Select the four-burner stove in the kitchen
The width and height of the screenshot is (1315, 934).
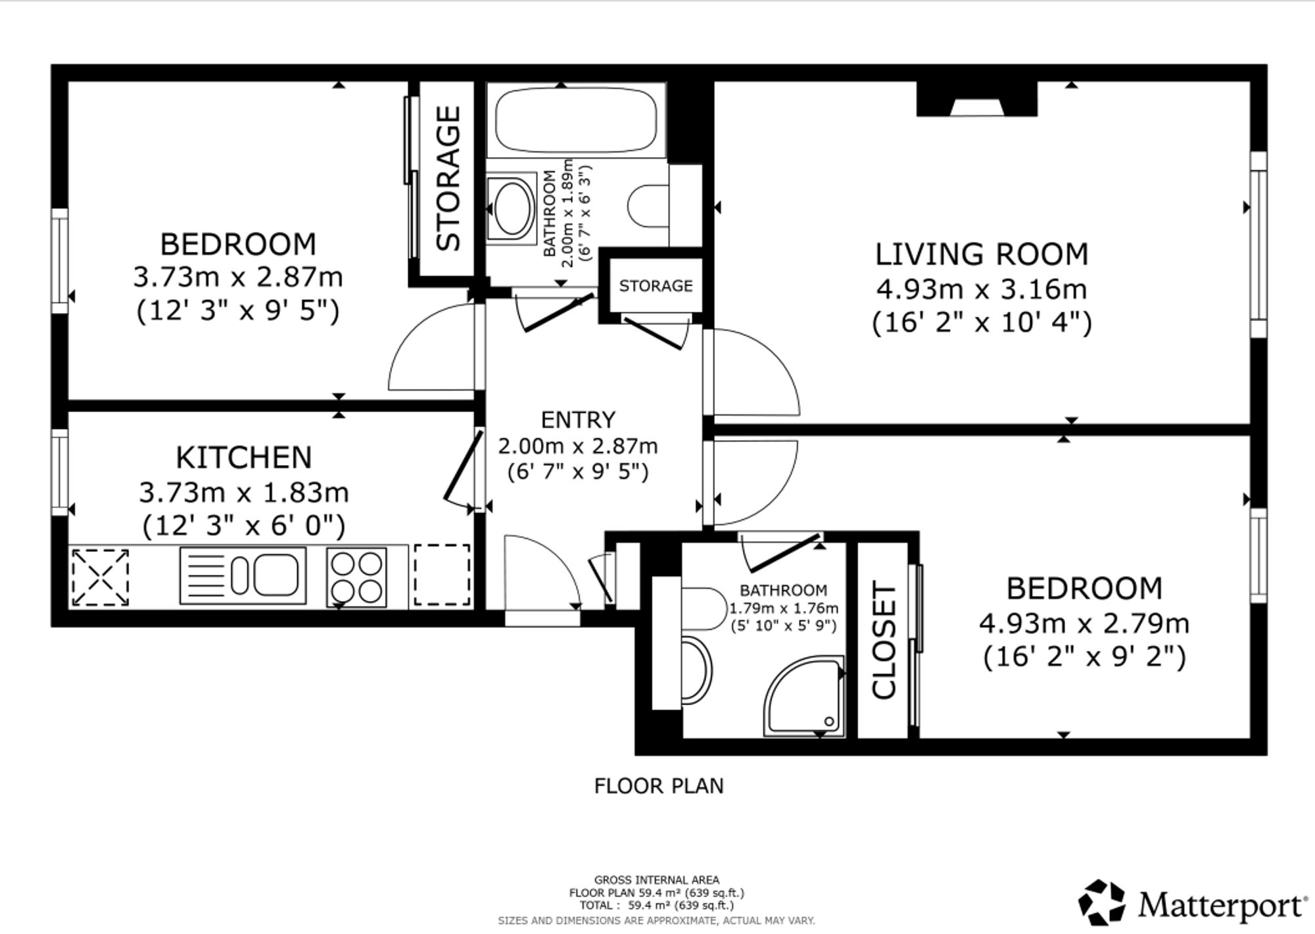[356, 577]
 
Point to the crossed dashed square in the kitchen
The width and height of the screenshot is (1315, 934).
[99, 577]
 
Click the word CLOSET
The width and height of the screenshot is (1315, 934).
[884, 639]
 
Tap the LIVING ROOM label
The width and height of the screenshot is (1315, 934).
[982, 255]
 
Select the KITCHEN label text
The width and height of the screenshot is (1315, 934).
[243, 457]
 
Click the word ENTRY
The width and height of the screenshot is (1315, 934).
[578, 419]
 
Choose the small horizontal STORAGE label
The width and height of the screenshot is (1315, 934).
[656, 285]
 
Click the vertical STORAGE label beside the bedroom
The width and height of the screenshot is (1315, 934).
[448, 178]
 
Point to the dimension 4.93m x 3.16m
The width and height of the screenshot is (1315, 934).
[982, 289]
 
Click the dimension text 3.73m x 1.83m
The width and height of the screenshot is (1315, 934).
[243, 492]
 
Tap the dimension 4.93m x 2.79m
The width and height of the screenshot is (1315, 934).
[1084, 623]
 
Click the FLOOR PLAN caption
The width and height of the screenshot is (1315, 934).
[659, 785]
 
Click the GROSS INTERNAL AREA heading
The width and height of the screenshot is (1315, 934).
[657, 879]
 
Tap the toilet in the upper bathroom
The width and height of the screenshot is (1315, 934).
[649, 206]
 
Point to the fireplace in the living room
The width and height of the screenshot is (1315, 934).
[977, 99]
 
